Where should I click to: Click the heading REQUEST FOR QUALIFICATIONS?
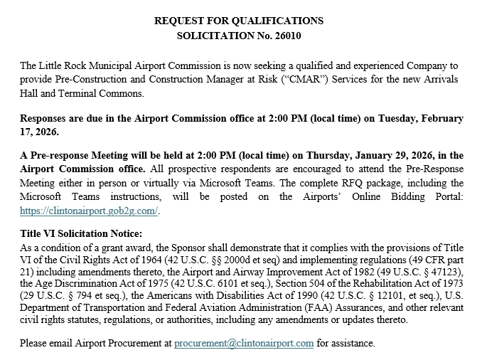[238, 21]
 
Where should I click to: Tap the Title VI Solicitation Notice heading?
[82, 233]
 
